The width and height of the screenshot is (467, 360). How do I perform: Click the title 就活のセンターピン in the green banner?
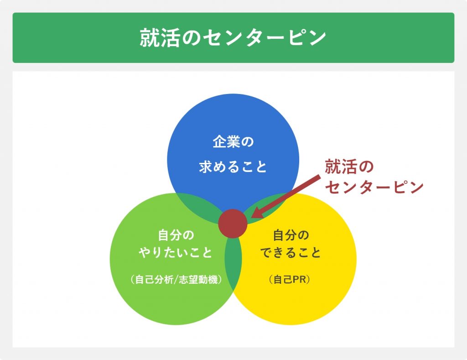(x=233, y=38)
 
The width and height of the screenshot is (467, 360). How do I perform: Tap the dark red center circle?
(x=233, y=224)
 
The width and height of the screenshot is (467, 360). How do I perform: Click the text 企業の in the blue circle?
(x=233, y=141)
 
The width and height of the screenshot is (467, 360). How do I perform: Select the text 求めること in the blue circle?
(x=233, y=167)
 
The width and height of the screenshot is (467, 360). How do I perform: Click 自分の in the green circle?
(x=176, y=235)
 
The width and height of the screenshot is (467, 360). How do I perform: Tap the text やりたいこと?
(x=176, y=253)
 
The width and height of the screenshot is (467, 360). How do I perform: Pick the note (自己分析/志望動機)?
(x=176, y=280)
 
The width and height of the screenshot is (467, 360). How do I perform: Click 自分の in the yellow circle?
(x=291, y=235)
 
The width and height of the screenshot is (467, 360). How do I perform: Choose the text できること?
(x=291, y=253)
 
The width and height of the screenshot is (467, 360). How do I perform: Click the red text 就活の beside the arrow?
(x=349, y=167)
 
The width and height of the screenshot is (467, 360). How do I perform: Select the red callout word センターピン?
(x=374, y=188)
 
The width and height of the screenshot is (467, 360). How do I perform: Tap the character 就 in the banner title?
(x=150, y=38)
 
